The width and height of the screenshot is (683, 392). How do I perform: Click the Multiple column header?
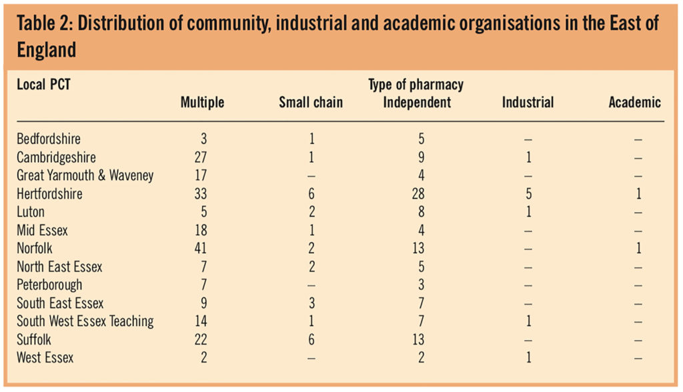(202, 103)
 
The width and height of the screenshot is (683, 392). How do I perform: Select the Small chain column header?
(311, 103)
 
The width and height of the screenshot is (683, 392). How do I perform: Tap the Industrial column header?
(528, 103)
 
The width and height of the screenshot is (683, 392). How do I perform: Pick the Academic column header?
(634, 103)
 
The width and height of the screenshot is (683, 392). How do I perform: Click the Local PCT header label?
(43, 85)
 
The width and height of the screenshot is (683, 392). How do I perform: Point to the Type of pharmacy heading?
(416, 85)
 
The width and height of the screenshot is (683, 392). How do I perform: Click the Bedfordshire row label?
(49, 139)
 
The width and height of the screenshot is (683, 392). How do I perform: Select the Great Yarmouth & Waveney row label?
(85, 176)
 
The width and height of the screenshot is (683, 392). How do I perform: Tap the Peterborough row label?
(50, 285)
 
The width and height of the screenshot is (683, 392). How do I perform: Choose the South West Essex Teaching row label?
(85, 321)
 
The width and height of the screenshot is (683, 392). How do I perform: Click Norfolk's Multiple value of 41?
(201, 249)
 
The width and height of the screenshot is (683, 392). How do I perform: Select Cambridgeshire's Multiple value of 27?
(201, 158)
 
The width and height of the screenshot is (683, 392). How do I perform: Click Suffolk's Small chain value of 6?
(311, 339)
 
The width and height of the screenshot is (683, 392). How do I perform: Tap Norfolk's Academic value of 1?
(638, 249)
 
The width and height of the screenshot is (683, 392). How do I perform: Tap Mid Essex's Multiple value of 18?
(201, 231)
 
